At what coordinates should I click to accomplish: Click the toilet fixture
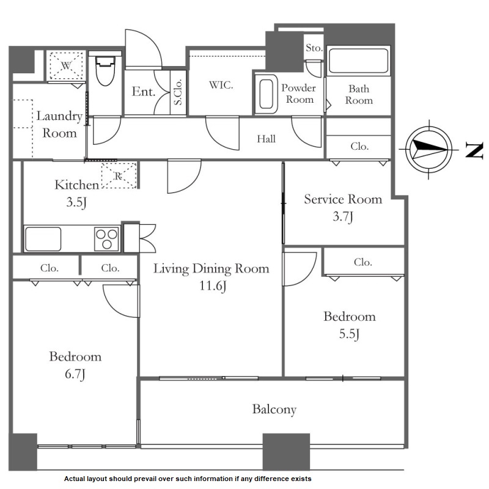click(105, 71)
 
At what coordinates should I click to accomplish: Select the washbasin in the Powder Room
click(267, 94)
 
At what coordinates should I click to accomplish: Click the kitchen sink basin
click(43, 238)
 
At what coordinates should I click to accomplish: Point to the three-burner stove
click(106, 239)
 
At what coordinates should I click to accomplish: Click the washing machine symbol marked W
click(66, 66)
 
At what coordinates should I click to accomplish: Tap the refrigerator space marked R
click(119, 175)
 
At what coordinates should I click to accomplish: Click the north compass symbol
click(429, 149)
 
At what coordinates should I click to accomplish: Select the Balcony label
click(274, 410)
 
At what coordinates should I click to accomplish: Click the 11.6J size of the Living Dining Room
click(213, 285)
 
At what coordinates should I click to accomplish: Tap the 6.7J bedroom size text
click(75, 374)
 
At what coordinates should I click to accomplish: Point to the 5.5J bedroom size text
click(349, 334)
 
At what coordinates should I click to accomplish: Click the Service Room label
click(343, 199)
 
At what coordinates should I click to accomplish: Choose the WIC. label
click(221, 85)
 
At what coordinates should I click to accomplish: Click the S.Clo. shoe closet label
click(178, 92)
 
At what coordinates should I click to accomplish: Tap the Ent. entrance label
click(144, 92)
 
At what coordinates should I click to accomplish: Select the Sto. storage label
click(314, 48)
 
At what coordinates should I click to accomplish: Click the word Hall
click(266, 139)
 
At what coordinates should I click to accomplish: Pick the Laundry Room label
click(59, 125)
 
